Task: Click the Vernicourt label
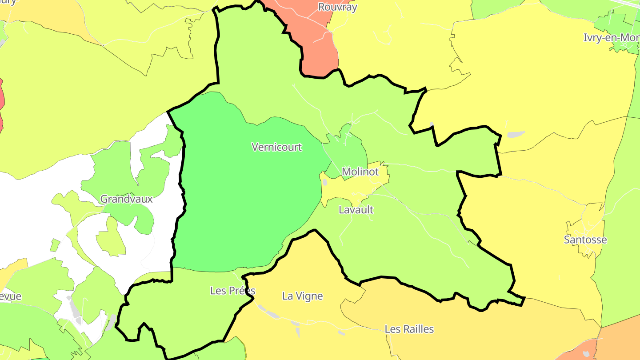[x=276, y=147]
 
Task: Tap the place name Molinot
[x=360, y=172]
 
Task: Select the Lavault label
[x=356, y=210]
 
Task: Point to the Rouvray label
[x=337, y=7]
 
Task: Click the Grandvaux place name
[x=126, y=199]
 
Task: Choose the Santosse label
[x=585, y=240]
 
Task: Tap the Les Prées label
[x=232, y=291]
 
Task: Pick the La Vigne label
[x=302, y=296]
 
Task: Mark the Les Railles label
[x=409, y=329]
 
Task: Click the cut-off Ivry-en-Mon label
[x=612, y=38]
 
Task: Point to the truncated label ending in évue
[x=11, y=296]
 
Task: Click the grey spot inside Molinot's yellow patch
[x=324, y=182]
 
